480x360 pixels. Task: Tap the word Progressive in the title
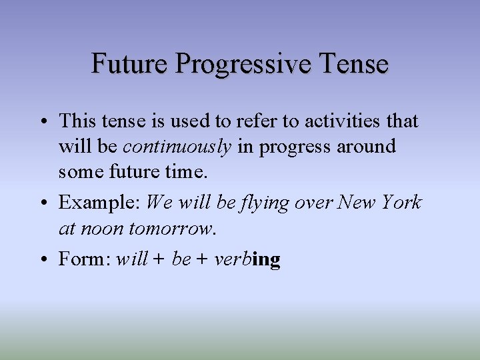pyautogui.click(x=244, y=65)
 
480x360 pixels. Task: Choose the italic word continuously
pyautogui.click(x=177, y=147)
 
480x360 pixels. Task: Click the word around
pyautogui.click(x=366, y=146)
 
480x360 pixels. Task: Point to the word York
pyautogui.click(x=400, y=202)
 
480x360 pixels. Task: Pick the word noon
pyautogui.click(x=102, y=229)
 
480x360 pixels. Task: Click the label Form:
pyautogui.click(x=85, y=259)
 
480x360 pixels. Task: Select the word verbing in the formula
pyautogui.click(x=247, y=259)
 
